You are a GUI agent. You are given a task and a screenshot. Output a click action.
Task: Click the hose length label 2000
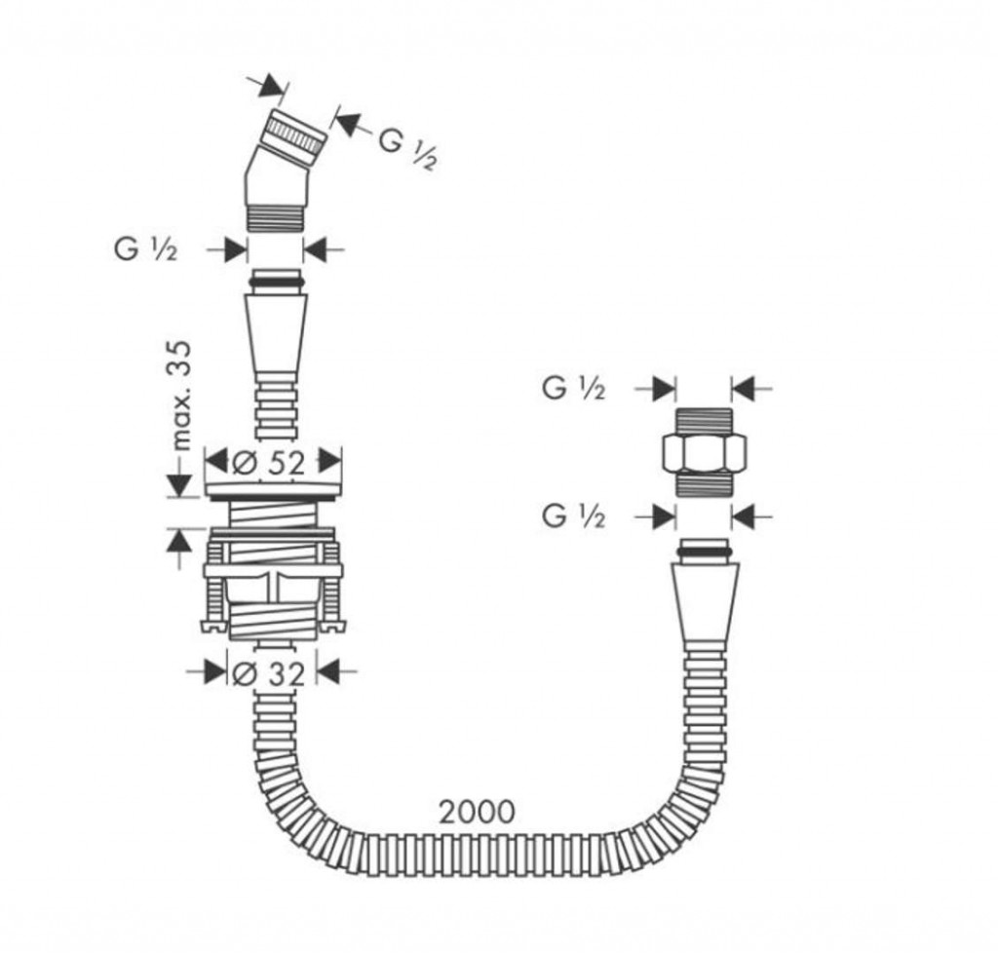coord(478,812)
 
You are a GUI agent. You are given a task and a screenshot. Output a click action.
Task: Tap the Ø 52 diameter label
coord(268,464)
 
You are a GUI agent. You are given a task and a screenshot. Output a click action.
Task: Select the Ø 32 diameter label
coord(268,674)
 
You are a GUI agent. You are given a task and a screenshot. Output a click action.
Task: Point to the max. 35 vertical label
coord(181,396)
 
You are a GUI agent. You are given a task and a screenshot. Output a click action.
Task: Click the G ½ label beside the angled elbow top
coord(408,148)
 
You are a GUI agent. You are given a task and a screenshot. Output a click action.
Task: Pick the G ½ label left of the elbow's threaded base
coord(145,249)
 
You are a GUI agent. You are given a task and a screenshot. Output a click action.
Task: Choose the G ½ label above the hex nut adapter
coord(573,388)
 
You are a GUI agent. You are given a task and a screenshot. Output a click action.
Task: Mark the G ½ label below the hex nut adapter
coord(573,516)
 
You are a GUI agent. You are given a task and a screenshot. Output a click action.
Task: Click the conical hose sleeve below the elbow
coord(276,337)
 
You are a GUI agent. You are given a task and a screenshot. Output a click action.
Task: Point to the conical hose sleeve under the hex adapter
coord(706,604)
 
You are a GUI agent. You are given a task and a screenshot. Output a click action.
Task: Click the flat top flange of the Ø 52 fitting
coord(274,489)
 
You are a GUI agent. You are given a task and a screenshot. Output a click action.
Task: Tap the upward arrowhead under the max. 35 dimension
coord(180,541)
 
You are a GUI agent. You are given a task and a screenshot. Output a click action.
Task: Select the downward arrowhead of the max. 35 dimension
coord(180,486)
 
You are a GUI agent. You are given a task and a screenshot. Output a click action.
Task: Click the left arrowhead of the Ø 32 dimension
coord(215,671)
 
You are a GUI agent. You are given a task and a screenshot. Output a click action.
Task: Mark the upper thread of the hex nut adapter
coord(704,421)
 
